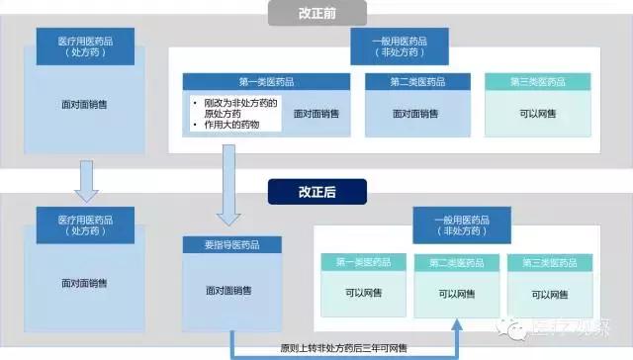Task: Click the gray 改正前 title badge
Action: pyautogui.click(x=317, y=13)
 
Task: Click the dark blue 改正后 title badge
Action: pyautogui.click(x=317, y=189)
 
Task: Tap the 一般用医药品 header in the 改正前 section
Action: pyautogui.click(x=398, y=45)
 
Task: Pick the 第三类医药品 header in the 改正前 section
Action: pyautogui.click(x=535, y=82)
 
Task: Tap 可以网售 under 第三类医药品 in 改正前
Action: pyautogui.click(x=535, y=114)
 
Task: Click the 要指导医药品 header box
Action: pyautogui.click(x=231, y=245)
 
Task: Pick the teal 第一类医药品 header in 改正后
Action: pyautogui.click(x=362, y=262)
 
